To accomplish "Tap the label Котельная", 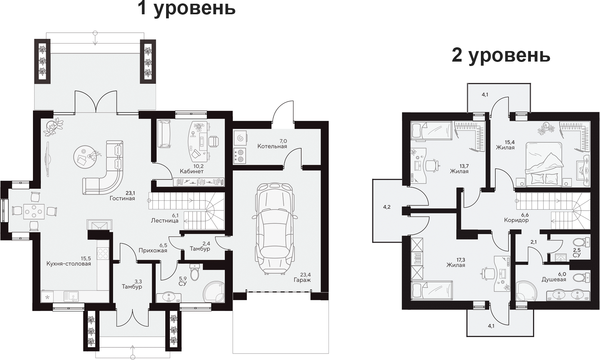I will click(272, 146).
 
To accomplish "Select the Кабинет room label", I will click(192, 171).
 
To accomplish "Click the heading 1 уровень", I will click(187, 8).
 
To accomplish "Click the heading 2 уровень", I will click(501, 55).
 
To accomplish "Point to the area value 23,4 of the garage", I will click(306, 275).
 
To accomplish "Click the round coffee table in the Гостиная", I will click(83, 157).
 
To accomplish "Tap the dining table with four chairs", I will click(34, 211).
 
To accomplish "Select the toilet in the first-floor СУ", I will click(195, 272).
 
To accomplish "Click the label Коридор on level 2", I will click(516, 220).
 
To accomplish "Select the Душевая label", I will click(554, 279).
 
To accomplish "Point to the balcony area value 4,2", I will click(387, 207).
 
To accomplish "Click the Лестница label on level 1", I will click(165, 220).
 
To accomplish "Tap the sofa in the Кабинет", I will click(165, 133).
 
